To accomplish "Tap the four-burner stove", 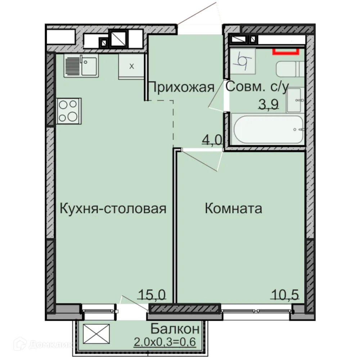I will (68, 111).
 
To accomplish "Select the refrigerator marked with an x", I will (131, 66).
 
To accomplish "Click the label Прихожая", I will (181, 87).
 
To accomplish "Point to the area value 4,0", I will (212, 139).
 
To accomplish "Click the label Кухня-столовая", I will (113, 208).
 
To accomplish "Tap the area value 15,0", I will (152, 295).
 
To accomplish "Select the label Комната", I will (233, 208).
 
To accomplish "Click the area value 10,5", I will (284, 295).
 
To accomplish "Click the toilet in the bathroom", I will (290, 69).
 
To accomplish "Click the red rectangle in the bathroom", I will (285, 51).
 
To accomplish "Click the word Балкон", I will (175, 329).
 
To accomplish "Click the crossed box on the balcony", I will (96, 334).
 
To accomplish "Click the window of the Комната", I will (257, 309).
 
